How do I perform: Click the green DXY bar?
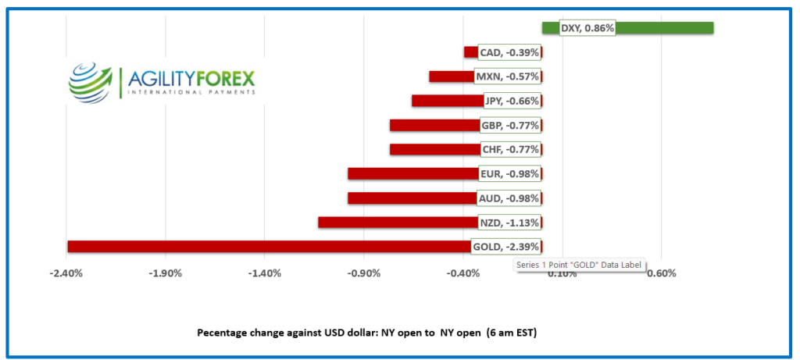click(x=664, y=28)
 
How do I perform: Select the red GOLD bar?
click(x=266, y=247)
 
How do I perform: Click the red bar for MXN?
click(x=451, y=77)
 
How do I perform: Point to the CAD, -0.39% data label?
click(x=509, y=52)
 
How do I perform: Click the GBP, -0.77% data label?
click(x=509, y=125)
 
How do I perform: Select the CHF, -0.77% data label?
click(x=509, y=149)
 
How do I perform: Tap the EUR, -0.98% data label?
click(x=509, y=173)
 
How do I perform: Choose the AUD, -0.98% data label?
click(x=509, y=198)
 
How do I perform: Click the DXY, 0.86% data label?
click(x=587, y=28)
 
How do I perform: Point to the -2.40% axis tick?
click(x=66, y=273)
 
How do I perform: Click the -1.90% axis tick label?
click(x=166, y=273)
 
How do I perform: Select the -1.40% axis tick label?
click(x=265, y=273)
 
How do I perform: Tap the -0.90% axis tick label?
click(x=364, y=273)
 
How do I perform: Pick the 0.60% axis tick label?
click(x=661, y=273)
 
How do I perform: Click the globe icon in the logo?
click(x=91, y=81)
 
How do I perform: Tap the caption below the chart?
click(x=366, y=333)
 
